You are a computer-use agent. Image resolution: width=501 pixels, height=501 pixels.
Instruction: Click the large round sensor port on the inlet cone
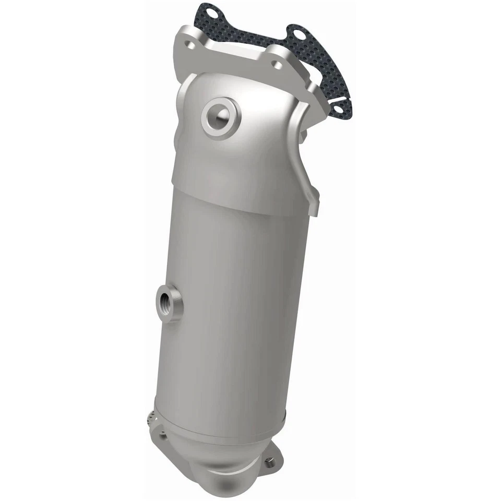[x=220, y=117]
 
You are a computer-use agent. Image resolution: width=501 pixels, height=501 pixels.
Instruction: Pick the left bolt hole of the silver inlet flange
[x=192, y=45]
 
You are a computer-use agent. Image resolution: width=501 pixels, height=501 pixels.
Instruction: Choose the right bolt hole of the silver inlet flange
[x=277, y=65]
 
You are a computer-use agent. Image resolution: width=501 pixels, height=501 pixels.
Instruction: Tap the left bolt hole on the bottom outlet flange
[x=166, y=437]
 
